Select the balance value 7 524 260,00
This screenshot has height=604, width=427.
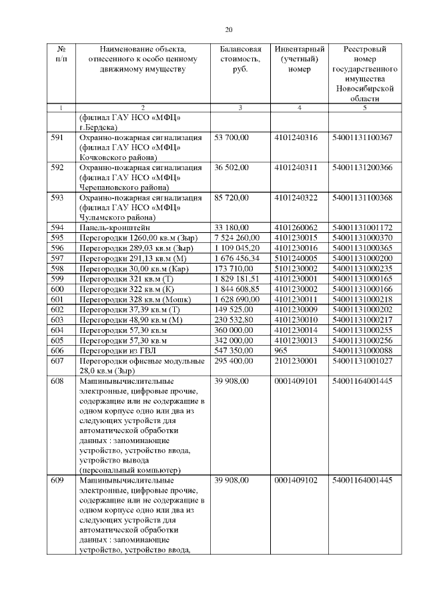tap(240, 238)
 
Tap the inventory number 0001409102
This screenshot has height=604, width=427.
tap(296, 480)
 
